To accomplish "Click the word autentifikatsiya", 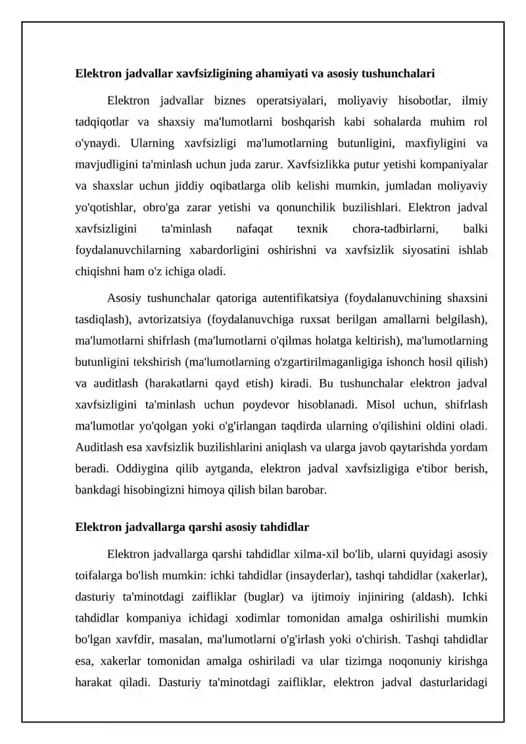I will tap(298, 298).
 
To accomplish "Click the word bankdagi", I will tap(97, 490).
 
